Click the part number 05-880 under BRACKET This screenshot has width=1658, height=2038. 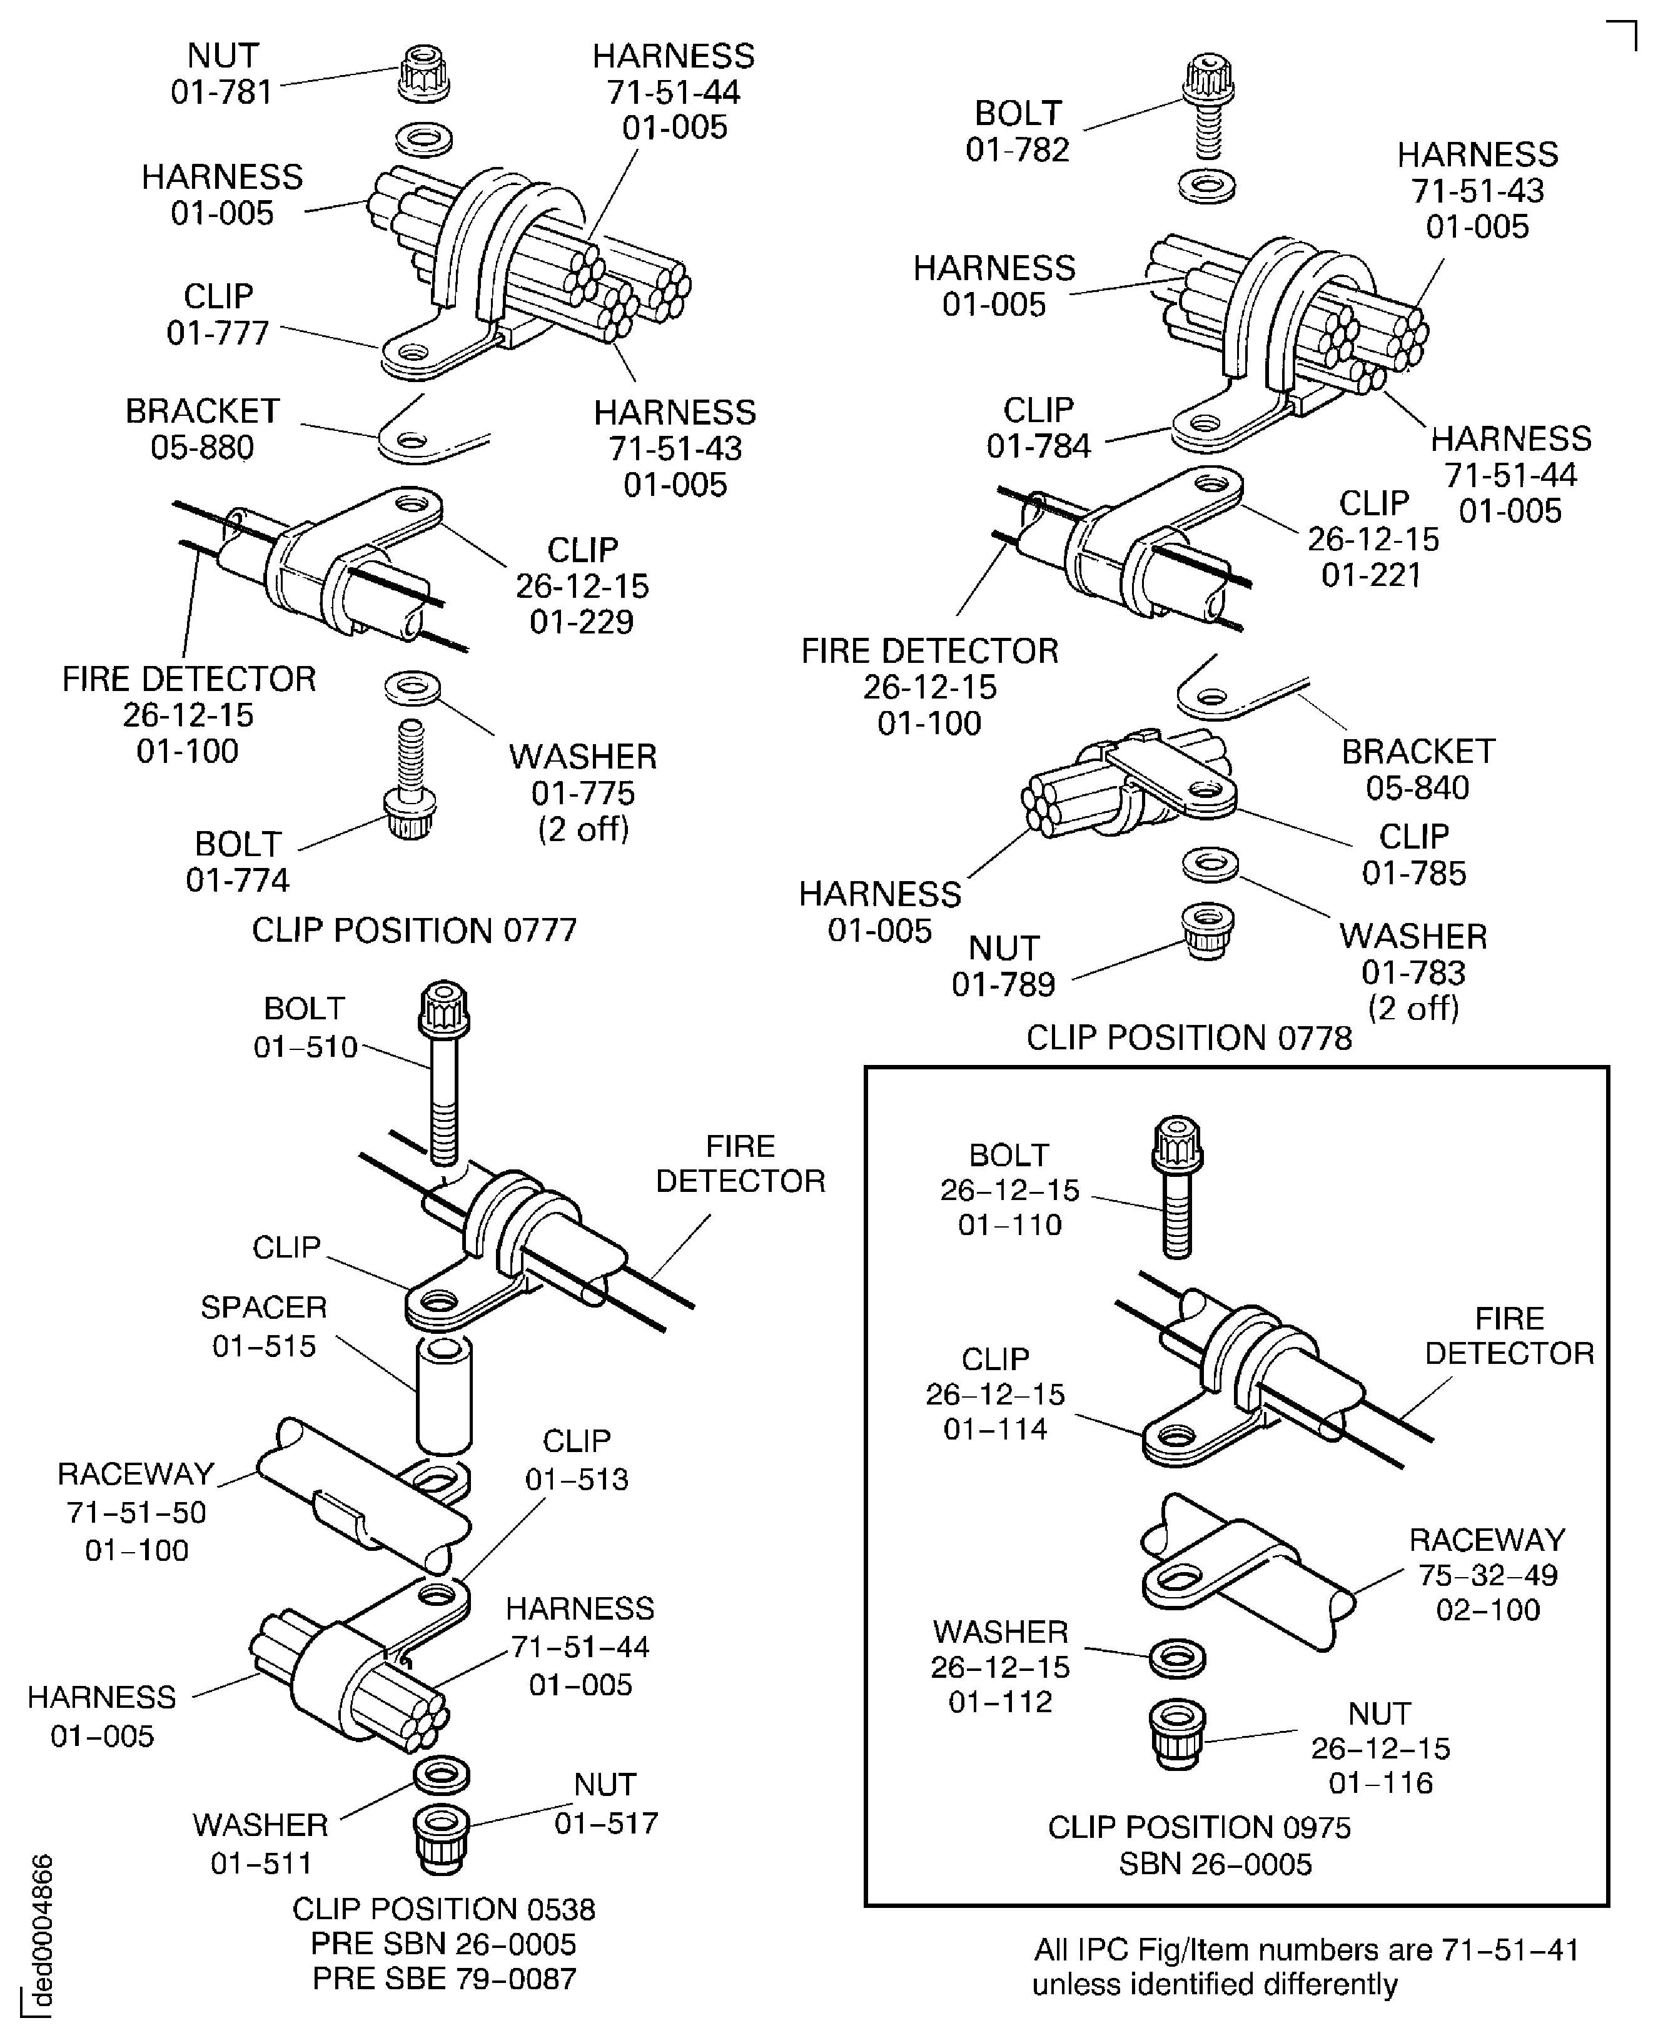(x=203, y=447)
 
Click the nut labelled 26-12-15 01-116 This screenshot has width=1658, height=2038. (x=1176, y=1734)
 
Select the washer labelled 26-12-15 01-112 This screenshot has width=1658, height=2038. (x=1176, y=1659)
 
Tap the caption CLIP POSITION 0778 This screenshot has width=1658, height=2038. (x=1189, y=1038)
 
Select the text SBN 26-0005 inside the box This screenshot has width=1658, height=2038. (x=1215, y=1864)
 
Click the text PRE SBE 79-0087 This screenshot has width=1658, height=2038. (x=444, y=1978)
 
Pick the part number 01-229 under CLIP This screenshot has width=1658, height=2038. (x=582, y=622)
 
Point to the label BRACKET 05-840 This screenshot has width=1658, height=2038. (x=1417, y=770)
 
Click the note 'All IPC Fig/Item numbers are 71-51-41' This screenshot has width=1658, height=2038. (x=1306, y=1949)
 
